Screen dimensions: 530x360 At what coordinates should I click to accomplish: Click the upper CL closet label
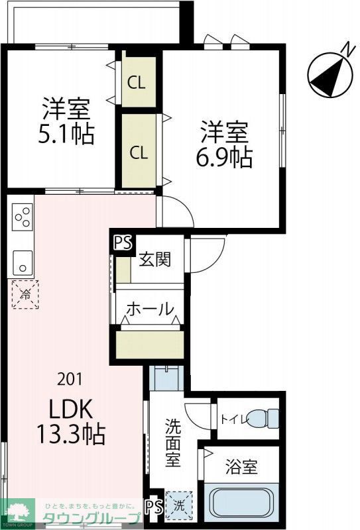coord(137,83)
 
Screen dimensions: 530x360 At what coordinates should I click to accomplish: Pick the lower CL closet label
coord(139,153)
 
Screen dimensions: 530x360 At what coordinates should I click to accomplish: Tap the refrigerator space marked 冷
coord(25,293)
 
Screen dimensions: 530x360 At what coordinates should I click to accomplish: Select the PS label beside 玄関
coord(122,243)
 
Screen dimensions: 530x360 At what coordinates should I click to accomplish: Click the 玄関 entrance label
coord(154,258)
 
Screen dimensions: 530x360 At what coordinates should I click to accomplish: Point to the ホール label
coord(150,309)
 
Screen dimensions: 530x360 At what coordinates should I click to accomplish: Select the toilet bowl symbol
coord(269,418)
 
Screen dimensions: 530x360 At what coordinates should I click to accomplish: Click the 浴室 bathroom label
coord(242,467)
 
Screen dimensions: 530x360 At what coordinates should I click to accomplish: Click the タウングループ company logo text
coord(91,519)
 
